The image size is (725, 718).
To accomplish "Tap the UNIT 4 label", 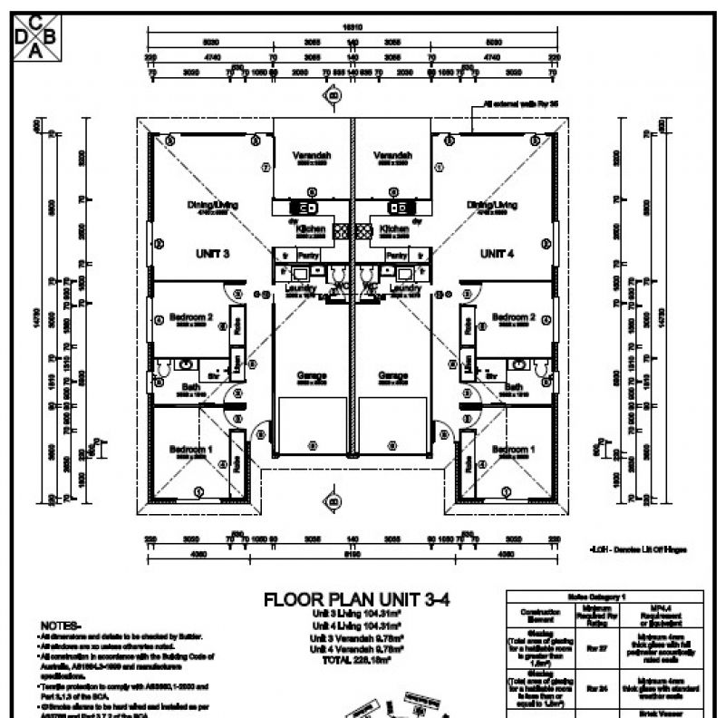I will [498, 253].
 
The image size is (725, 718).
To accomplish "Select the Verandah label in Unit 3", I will [312, 156].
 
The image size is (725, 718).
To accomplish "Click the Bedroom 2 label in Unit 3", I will [193, 317].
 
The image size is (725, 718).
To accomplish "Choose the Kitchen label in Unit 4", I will [395, 229].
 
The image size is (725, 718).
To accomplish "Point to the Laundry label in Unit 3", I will [299, 288].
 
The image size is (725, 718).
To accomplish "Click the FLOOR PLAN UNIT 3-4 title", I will [356, 599].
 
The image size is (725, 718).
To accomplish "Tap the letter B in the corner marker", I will [49, 35].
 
